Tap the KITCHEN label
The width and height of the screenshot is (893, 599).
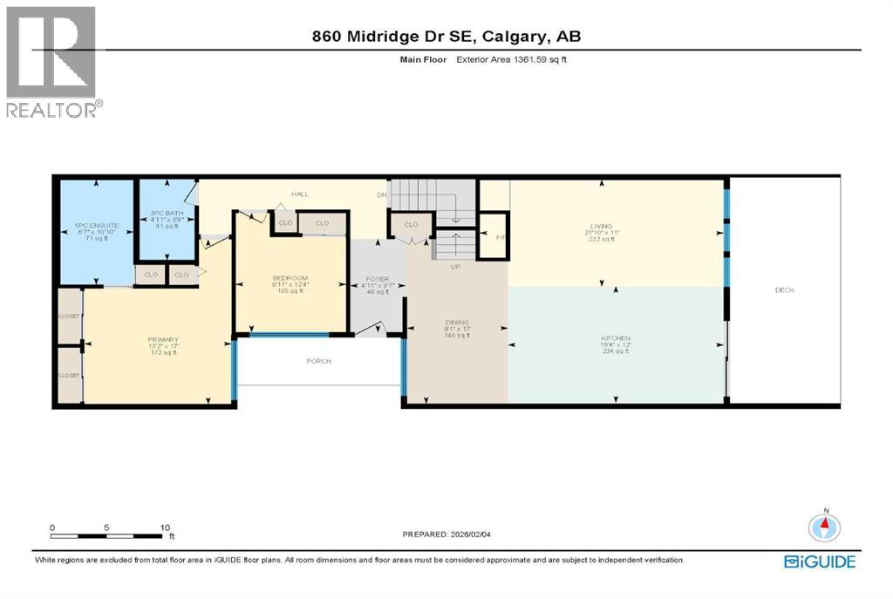click(615, 337)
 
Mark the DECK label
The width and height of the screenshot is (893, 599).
click(783, 290)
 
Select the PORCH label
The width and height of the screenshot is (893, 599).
click(318, 361)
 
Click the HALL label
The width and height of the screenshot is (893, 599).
click(300, 194)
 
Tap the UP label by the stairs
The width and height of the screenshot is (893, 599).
click(455, 267)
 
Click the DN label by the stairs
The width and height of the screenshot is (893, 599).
click(381, 194)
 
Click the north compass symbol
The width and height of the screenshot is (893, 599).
click(825, 526)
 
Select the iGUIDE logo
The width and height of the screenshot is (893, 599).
click(820, 562)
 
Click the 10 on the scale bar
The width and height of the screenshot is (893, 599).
click(166, 528)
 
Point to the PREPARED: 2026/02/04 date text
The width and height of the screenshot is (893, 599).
click(453, 534)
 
